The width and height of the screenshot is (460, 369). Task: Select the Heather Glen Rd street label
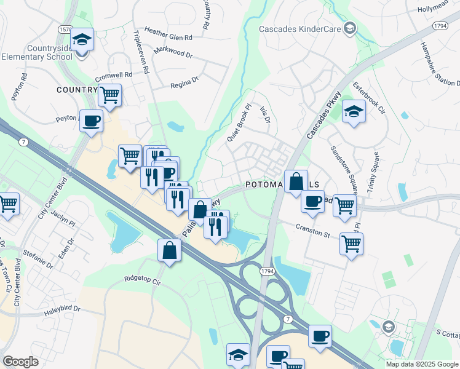[x=168, y=33]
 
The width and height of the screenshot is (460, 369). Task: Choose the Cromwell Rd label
[x=114, y=77]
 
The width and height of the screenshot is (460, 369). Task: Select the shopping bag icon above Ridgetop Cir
[x=169, y=250]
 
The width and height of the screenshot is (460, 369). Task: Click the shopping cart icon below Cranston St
[x=351, y=243]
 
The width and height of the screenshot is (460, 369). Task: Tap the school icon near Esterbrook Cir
[x=354, y=111]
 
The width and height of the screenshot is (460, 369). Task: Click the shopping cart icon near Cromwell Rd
[x=110, y=95]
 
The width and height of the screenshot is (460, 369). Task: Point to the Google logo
[x=21, y=362]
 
